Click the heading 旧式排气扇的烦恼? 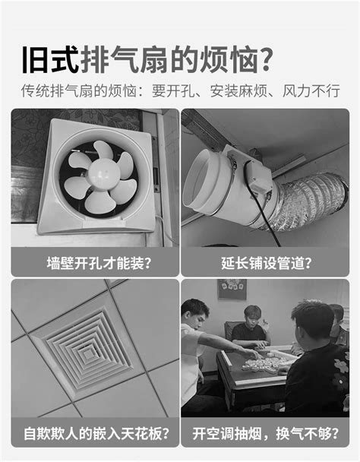[x=147, y=60]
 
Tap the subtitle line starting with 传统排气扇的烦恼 [x=180, y=90]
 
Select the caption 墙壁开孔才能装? [x=99, y=263]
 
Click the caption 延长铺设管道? [x=266, y=263]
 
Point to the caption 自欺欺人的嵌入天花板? [x=97, y=433]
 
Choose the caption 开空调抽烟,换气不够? [x=265, y=433]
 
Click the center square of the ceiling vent [x=87, y=354]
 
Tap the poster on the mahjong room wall [x=232, y=289]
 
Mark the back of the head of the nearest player [x=313, y=320]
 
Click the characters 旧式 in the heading [x=50, y=60]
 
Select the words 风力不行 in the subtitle [x=311, y=90]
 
